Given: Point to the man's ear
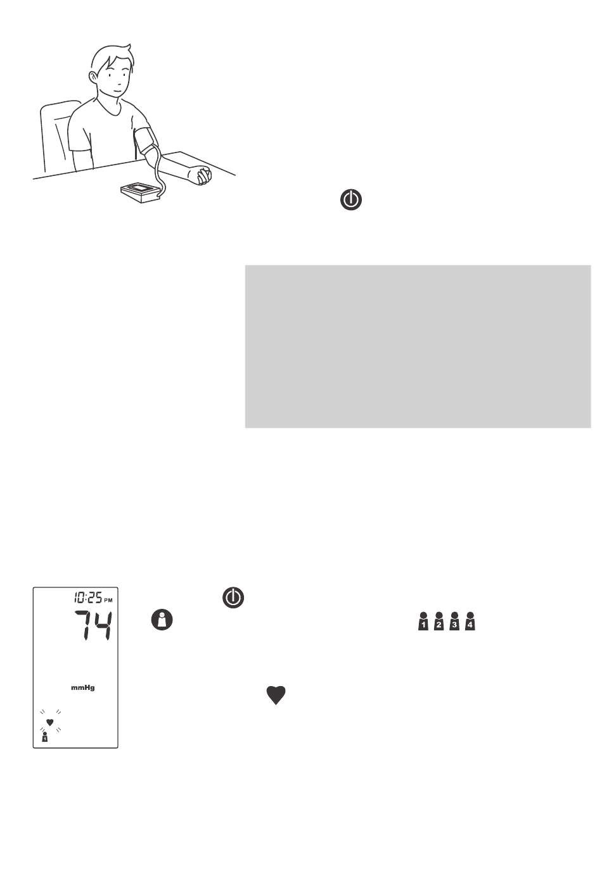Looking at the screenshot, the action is [93, 77].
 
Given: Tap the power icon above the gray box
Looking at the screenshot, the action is [351, 200].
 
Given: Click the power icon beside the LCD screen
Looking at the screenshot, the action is [233, 597].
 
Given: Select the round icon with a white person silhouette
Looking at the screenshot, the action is [162, 620].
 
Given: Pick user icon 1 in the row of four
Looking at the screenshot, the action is [423, 621].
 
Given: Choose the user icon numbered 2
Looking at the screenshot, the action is [439, 621].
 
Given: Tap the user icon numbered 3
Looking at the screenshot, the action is [454, 621].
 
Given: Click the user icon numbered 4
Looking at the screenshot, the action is [470, 621].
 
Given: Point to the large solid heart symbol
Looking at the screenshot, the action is [276, 695].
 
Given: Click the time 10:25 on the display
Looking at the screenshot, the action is [88, 598].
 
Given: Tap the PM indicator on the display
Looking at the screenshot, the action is [108, 600].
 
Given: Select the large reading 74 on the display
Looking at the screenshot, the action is [93, 625].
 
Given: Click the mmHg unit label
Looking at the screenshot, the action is [83, 688].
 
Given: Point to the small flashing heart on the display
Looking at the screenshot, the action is [49, 722].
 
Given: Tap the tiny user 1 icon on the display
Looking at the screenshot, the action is [44, 737].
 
